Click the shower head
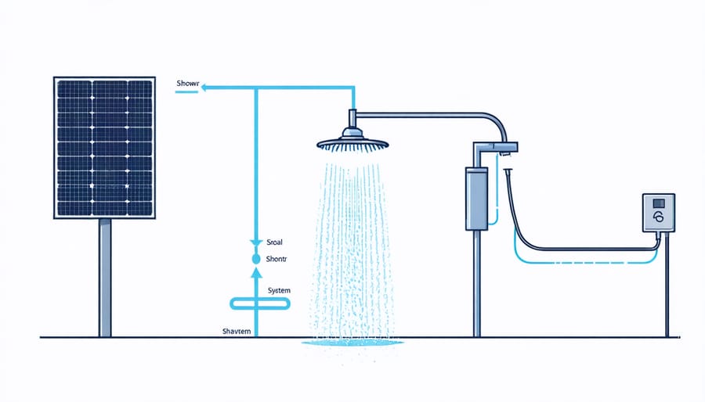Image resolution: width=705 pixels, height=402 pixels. (x=352, y=142)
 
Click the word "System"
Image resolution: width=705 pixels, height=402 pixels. (x=280, y=291)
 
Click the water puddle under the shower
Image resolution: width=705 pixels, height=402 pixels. (x=352, y=343)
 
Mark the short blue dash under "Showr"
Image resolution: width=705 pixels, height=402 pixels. (x=186, y=92)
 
